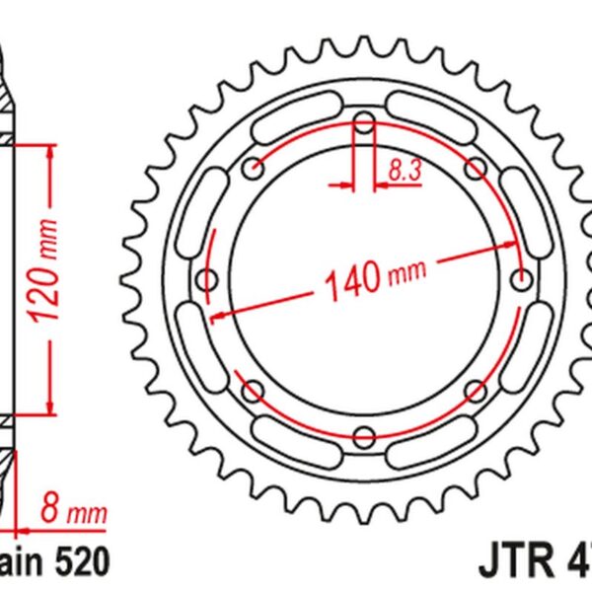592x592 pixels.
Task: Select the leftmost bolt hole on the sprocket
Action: pyautogui.click(x=208, y=278)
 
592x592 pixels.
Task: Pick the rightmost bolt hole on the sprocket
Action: pyautogui.click(x=520, y=279)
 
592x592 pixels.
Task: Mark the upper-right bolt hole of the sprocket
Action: pyautogui.click(x=475, y=168)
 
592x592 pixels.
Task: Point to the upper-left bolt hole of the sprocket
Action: pyautogui.click(x=254, y=168)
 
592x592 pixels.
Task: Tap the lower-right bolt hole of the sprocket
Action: pyautogui.click(x=475, y=390)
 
